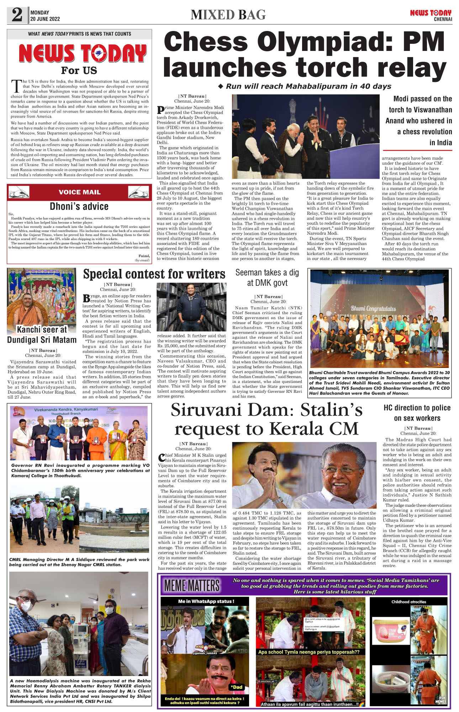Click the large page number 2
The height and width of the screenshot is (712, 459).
(x=17, y=15)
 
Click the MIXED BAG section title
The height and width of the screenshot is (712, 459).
(x=228, y=15)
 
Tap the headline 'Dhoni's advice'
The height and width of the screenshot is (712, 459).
(x=79, y=206)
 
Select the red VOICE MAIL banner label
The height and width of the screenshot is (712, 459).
(x=79, y=192)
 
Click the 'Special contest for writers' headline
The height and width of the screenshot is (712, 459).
(x=154, y=274)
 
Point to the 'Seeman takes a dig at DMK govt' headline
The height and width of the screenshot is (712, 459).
(x=267, y=277)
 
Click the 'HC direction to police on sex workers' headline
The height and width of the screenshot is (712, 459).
(x=417, y=413)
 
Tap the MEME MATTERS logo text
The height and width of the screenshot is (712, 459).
(x=192, y=586)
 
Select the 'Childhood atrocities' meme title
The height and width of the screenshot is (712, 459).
(x=408, y=602)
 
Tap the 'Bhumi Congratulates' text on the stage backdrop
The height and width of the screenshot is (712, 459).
(x=373, y=308)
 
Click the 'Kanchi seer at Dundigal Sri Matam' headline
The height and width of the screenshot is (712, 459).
(x=42, y=334)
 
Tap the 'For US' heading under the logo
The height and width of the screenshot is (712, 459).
(x=79, y=70)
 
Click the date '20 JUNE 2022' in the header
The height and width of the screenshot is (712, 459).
(x=45, y=19)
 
